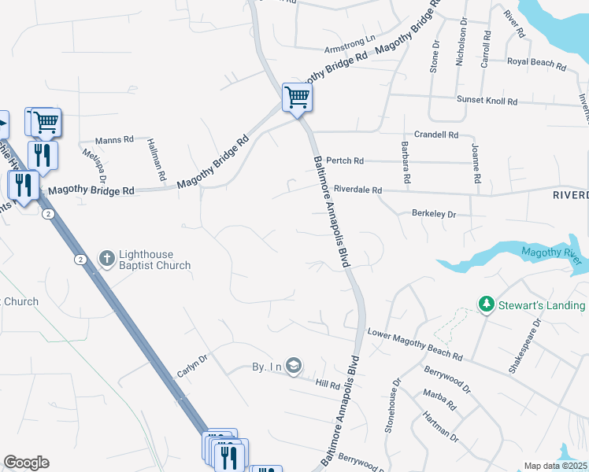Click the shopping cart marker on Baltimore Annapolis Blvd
coord(298,98)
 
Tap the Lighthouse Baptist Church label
coord(154,260)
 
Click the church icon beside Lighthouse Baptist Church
coord(106,257)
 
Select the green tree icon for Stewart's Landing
coord(487,304)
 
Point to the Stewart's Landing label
coord(543,305)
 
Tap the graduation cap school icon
coord(294,366)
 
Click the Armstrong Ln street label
coord(350,36)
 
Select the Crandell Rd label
coord(436,135)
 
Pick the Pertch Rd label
coord(345,160)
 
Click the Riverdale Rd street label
coord(357,190)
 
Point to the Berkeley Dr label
coord(434,213)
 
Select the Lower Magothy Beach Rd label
coord(414,345)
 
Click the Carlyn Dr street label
coord(192,365)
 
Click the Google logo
coord(26,463)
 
